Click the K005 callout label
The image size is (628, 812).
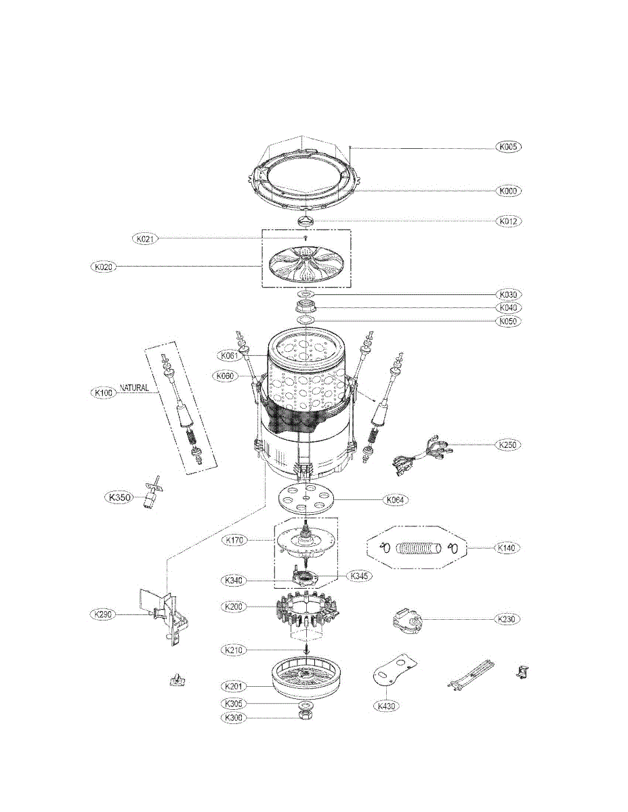pos(509,147)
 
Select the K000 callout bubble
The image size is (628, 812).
pos(509,191)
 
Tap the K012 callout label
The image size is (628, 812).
pos(509,221)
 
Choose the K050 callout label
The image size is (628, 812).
pos(509,321)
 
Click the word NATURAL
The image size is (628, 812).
pos(134,388)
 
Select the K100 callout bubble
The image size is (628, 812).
pos(104,392)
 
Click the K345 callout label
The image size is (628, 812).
pos(360,576)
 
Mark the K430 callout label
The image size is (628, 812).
pos(385,706)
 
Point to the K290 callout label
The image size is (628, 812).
pos(104,614)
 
